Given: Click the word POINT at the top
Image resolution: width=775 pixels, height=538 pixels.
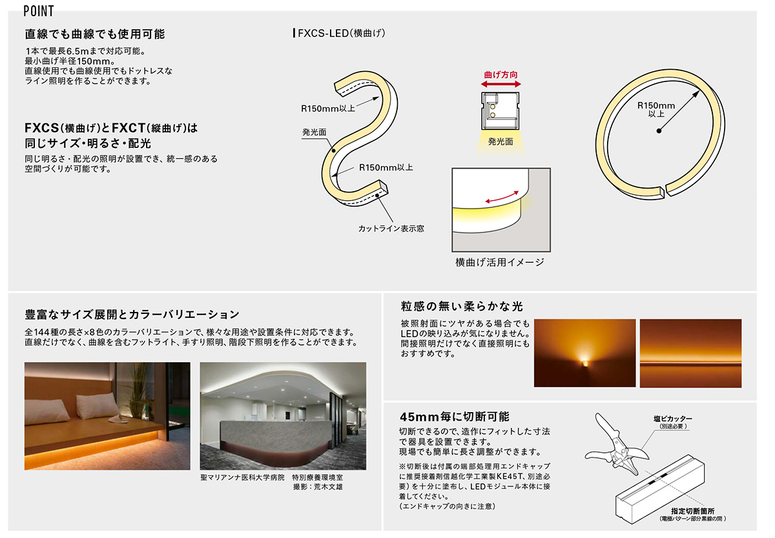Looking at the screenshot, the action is [39, 11].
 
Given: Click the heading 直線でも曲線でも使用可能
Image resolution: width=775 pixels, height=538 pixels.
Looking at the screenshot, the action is [95, 34].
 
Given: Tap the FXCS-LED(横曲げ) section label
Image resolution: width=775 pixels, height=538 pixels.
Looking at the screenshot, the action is [339, 33].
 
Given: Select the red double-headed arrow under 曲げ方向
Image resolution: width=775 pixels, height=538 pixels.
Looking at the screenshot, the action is [501, 84].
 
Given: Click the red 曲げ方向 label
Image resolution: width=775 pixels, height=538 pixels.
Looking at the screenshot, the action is [501, 74].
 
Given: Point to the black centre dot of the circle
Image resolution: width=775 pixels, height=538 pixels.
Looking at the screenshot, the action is [659, 130].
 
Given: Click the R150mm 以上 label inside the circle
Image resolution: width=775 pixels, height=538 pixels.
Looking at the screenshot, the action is [656, 109].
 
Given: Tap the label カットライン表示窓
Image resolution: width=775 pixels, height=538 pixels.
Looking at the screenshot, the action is [391, 229].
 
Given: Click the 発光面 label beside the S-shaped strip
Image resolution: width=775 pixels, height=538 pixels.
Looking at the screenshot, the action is [314, 132].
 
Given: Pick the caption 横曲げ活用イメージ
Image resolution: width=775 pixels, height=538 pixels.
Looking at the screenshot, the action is [500, 262].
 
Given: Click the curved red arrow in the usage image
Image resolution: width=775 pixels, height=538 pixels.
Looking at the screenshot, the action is [502, 197].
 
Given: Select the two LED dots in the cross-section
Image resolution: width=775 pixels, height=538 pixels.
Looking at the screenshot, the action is [493, 111].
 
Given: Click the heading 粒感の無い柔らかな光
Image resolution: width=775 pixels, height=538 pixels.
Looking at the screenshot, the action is [462, 306].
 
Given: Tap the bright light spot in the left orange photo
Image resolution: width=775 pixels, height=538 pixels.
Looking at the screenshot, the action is [584, 362].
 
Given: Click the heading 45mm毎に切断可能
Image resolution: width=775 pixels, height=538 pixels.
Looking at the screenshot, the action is [454, 417].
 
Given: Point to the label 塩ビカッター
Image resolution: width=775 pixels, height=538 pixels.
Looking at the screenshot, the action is [672, 419].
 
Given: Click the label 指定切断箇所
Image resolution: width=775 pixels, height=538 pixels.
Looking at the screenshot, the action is [692, 511].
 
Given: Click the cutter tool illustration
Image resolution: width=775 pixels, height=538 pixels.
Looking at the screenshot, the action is [617, 446].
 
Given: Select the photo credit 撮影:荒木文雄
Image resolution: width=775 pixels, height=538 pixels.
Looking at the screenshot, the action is [318, 487].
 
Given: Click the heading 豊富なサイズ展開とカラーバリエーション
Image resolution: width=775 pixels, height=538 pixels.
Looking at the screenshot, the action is [132, 314].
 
